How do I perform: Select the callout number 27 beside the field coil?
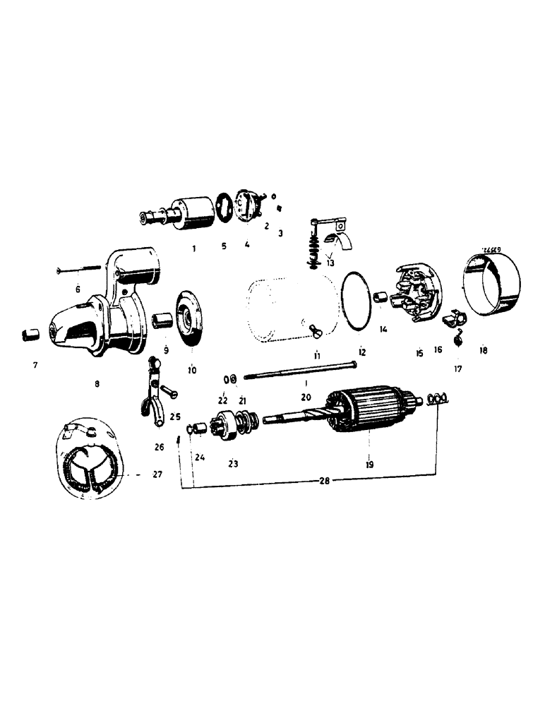[x=157, y=475]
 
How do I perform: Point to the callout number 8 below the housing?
[x=97, y=383]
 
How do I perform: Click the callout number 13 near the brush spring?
[x=330, y=263]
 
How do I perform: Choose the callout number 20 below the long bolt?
[x=306, y=397]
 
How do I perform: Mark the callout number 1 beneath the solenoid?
[x=193, y=249]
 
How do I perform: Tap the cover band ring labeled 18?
[x=491, y=284]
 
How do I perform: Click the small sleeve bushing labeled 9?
[x=162, y=321]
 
